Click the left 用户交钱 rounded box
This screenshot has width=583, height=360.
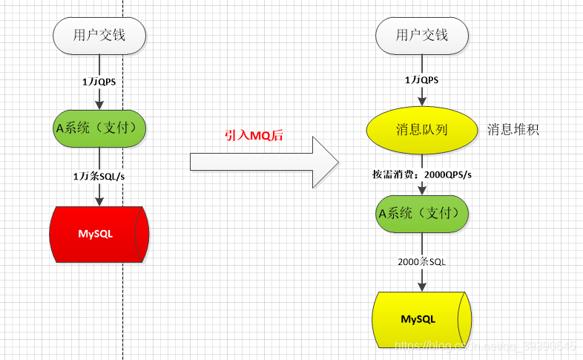pos(99,35)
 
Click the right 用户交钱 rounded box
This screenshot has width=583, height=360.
pos(421,35)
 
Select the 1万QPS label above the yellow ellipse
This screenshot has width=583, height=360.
pos(421,79)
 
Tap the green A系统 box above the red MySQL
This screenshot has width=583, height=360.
pos(99,128)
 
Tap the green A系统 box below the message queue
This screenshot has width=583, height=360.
pos(421,214)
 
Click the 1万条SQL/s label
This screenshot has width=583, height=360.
pos(99,176)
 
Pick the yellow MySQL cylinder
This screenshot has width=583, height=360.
pos(420,319)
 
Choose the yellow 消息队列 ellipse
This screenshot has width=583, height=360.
pos(421,129)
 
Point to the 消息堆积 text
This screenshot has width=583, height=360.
pos(513,130)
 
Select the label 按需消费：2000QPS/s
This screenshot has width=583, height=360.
pos(422,174)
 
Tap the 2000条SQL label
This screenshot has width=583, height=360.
pos(421,261)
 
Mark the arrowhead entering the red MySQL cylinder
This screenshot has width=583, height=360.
pos(99,200)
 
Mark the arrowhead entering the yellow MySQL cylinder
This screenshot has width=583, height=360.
pos(421,286)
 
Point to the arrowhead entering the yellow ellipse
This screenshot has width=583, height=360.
pos(421,102)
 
